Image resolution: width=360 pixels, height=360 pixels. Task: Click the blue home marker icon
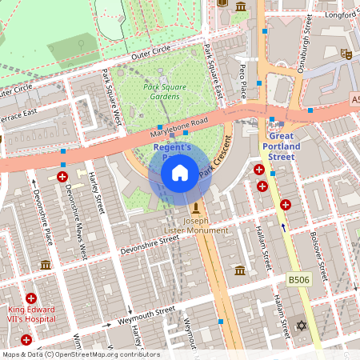(180, 172)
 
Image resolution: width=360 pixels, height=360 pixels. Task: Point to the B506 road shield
(299, 280)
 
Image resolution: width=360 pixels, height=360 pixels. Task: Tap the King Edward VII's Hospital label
(31, 313)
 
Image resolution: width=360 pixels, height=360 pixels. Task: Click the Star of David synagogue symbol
(302, 326)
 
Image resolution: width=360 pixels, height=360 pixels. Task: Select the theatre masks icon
(346, 54)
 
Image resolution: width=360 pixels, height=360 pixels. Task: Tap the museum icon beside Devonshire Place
(46, 265)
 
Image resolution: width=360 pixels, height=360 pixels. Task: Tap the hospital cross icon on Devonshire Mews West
(62, 175)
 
